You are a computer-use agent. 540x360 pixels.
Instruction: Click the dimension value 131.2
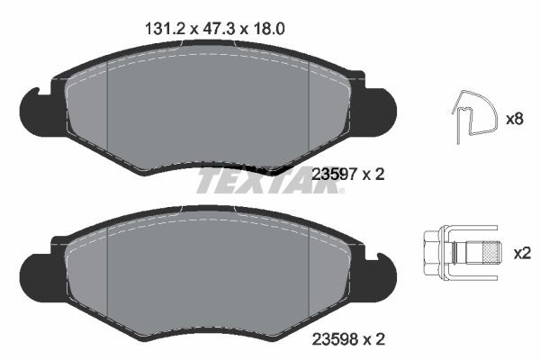pos(165,28)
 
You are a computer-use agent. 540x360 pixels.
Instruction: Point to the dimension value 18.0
pos(268,28)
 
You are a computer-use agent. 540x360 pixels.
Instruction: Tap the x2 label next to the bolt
pos(521,254)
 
